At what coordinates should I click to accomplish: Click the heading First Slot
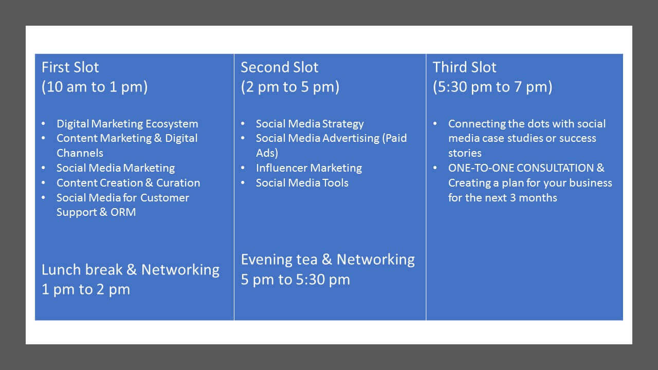(70, 67)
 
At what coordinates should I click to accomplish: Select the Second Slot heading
(279, 67)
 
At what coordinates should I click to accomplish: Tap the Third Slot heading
(464, 67)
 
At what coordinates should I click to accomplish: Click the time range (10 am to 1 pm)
(95, 87)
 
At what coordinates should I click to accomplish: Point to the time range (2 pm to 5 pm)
(290, 87)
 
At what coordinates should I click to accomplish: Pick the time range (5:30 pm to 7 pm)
(492, 87)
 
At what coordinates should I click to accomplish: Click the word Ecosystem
(172, 124)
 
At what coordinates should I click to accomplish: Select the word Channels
(80, 153)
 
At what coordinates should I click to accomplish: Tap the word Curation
(178, 183)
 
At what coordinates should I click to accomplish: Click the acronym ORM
(123, 212)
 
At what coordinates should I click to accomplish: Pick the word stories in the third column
(465, 153)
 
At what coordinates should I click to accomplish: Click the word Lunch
(61, 270)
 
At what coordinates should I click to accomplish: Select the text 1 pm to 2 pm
(86, 289)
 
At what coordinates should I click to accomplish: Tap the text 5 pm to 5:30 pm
(296, 280)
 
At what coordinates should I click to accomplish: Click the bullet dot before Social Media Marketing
(44, 168)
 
